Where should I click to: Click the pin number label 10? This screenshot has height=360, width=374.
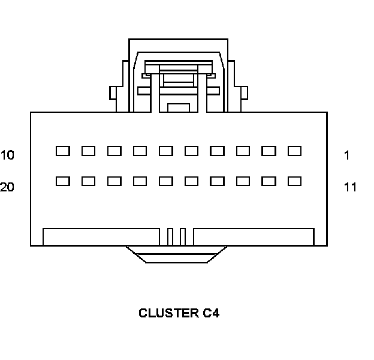click(7, 155)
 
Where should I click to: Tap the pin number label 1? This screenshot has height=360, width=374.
click(347, 155)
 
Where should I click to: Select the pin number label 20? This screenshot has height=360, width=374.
click(7, 187)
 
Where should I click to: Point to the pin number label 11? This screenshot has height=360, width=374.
click(350, 187)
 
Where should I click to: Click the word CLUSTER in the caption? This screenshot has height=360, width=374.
click(166, 313)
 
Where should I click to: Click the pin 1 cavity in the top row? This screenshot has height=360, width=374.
click(294, 151)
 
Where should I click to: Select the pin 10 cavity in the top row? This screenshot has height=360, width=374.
click(62, 151)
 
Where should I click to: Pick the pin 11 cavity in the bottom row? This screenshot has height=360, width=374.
click(294, 181)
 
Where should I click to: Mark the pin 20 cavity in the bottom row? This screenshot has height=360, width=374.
click(62, 181)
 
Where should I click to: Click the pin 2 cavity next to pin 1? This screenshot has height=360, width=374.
click(269, 151)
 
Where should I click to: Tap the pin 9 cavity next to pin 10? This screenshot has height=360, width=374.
click(88, 151)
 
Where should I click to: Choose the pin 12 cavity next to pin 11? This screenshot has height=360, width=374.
click(269, 181)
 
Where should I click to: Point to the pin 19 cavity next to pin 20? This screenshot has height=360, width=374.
click(88, 181)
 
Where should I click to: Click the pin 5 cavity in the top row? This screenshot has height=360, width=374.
click(191, 151)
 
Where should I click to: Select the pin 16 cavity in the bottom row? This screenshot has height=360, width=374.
click(165, 181)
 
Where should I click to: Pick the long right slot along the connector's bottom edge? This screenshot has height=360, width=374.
click(253, 236)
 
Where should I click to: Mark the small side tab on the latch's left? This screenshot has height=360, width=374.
click(112, 93)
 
